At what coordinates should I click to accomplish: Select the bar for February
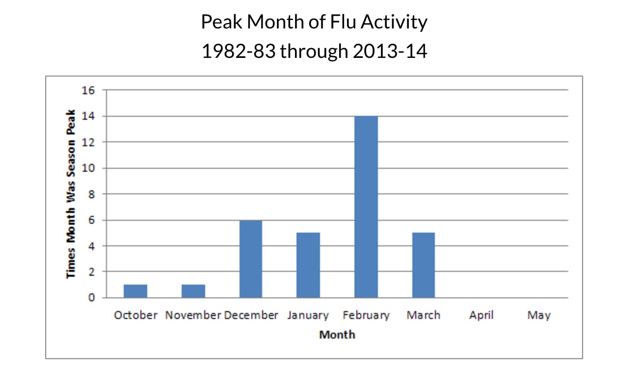point(366,207)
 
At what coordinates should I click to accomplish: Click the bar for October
point(135,291)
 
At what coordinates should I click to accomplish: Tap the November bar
point(193,291)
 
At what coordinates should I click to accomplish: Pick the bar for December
point(251,259)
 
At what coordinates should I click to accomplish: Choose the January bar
point(308,265)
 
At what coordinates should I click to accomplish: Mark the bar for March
point(424,265)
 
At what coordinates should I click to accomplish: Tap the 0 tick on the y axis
point(91,298)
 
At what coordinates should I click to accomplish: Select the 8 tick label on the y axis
point(91,194)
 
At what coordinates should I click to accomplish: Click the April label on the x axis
point(481,316)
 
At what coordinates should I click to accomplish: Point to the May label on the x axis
point(539,316)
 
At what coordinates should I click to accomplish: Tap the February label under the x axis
point(366,316)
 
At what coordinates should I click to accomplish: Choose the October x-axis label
point(135,316)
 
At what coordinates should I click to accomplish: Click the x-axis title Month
point(337,335)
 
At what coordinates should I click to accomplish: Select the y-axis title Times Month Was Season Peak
point(71,194)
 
